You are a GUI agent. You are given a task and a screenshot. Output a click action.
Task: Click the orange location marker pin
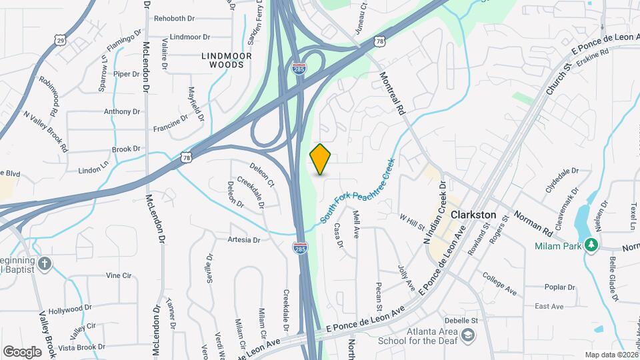pyautogui.click(x=321, y=159)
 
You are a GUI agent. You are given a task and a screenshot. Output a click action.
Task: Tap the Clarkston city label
pyautogui.click(x=473, y=215)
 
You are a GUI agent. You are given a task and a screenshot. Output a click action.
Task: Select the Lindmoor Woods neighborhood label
pyautogui.click(x=227, y=60)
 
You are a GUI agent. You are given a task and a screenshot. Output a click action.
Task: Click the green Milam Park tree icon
pyautogui.click(x=590, y=245)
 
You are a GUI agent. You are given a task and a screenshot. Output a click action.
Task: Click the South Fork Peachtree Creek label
pyautogui.click(x=358, y=191)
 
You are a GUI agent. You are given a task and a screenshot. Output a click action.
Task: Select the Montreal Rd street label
pyautogui.click(x=393, y=89)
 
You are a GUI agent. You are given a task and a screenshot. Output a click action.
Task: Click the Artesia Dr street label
pyautogui.click(x=243, y=239)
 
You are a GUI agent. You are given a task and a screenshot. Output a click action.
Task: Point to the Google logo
pyautogui.click(x=22, y=351)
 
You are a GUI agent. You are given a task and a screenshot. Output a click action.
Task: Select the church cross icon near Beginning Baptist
pyautogui.click(x=45, y=263)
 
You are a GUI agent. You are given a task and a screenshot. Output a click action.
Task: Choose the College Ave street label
pyautogui.click(x=500, y=283)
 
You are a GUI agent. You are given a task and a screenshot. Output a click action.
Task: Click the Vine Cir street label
pyautogui.click(x=118, y=275)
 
